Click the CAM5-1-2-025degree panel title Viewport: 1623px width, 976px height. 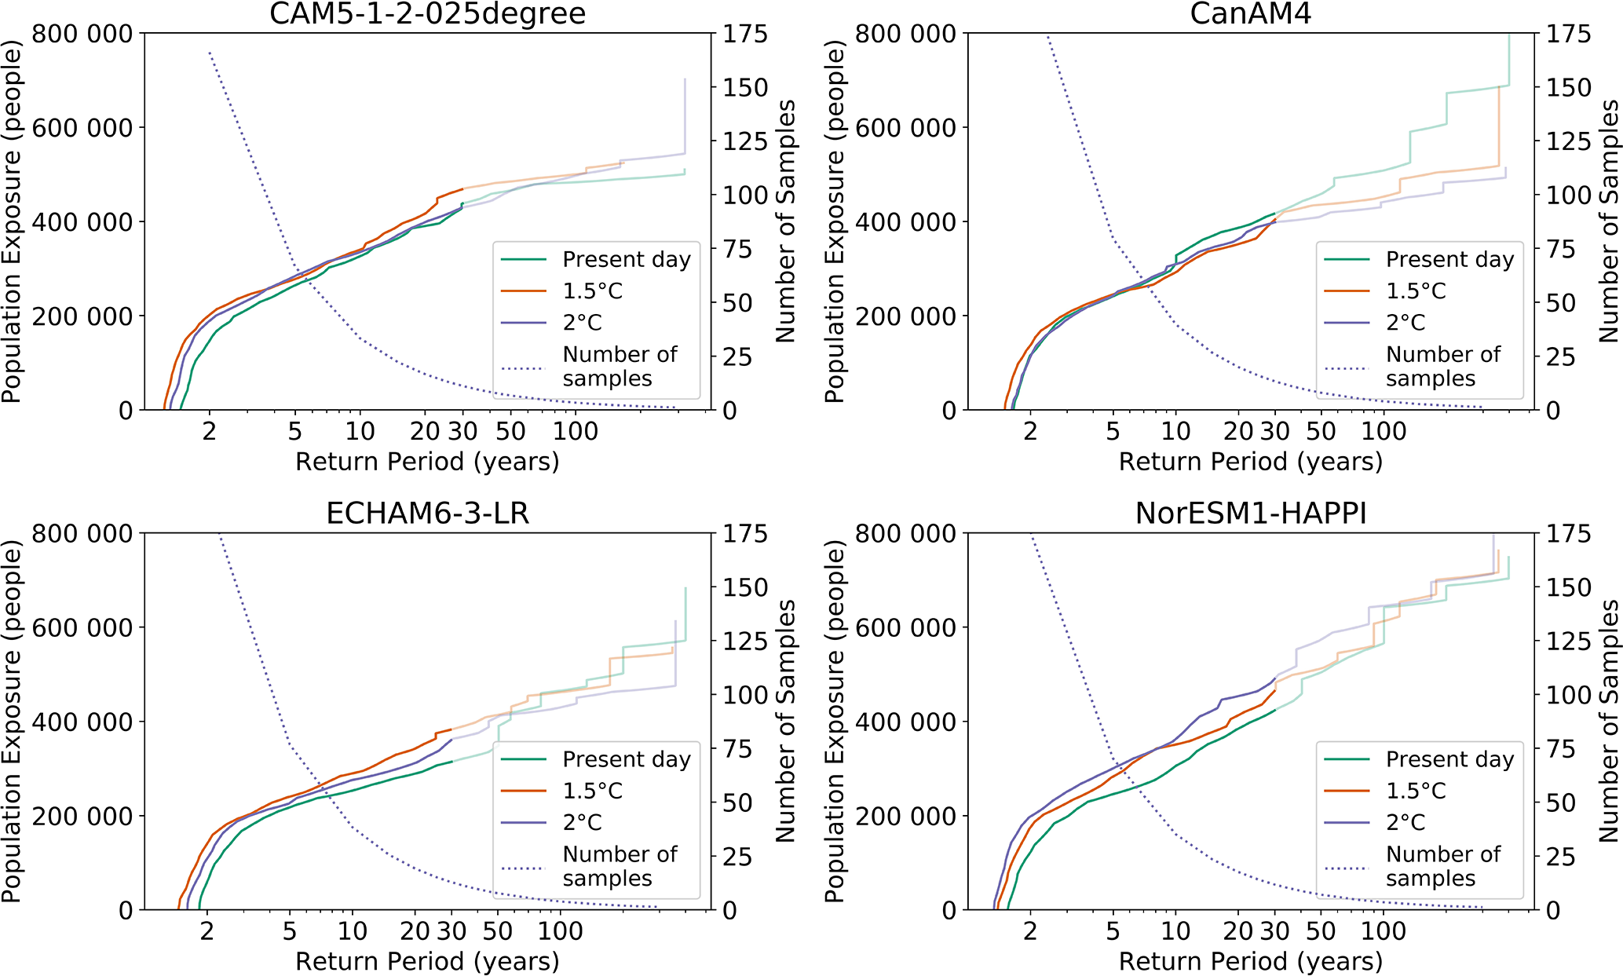tap(427, 14)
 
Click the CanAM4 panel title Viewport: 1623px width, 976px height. tap(1250, 14)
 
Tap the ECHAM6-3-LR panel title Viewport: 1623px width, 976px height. tap(427, 514)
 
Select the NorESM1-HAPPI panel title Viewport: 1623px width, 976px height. tap(1250, 514)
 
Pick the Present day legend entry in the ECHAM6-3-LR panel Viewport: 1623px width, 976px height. tap(626, 759)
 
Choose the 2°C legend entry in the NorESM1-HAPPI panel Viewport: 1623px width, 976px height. tap(1405, 822)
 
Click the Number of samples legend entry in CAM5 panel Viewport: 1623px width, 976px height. tap(619, 367)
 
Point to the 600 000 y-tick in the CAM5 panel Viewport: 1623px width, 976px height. tap(82, 127)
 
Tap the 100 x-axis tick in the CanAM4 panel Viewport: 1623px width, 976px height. tap(1384, 431)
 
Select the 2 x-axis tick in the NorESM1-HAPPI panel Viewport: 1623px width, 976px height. tap(1030, 931)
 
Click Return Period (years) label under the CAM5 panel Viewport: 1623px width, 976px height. tap(427, 462)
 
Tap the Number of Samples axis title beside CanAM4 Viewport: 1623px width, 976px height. tap(1610, 221)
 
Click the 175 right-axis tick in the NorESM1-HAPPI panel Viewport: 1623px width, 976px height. tap(1568, 534)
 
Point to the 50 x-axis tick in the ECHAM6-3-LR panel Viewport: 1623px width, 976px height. tap(497, 931)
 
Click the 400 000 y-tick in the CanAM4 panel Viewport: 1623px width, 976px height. tap(905, 222)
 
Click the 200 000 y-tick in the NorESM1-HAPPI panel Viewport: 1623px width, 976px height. tap(905, 817)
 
